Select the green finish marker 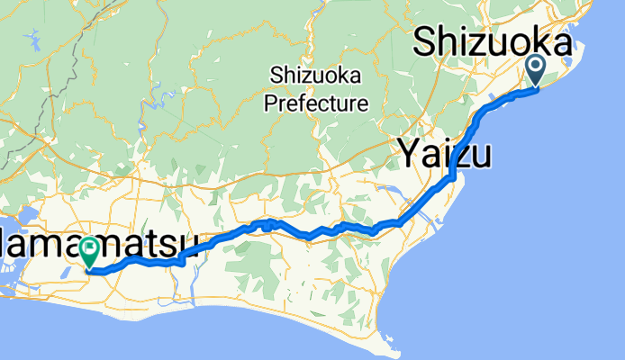pyautogui.click(x=92, y=252)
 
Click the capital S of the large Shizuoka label pyautogui.click(x=429, y=44)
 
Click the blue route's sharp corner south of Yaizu pyautogui.click(x=450, y=178)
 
